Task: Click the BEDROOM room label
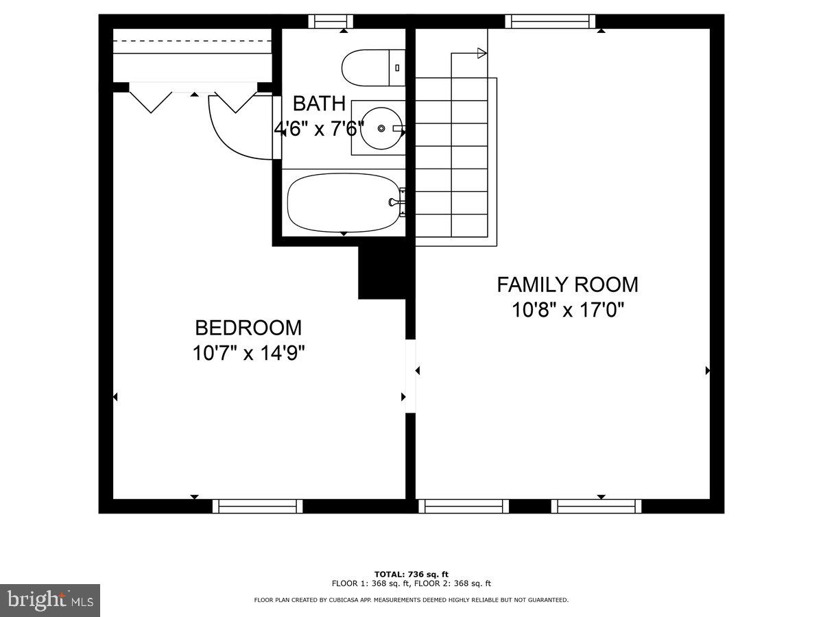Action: [248, 328]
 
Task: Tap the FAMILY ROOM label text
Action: [567, 284]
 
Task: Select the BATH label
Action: [319, 104]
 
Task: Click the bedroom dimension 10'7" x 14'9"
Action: [248, 354]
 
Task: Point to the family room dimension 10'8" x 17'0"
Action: [567, 310]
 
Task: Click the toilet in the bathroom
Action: [374, 67]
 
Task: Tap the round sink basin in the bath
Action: [381, 128]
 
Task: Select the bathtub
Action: [343, 202]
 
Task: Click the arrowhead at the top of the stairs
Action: [481, 53]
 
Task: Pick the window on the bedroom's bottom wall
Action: [257, 506]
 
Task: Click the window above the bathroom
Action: [330, 21]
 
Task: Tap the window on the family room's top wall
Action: [550, 21]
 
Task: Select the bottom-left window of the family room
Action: [464, 506]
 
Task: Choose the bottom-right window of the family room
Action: [596, 506]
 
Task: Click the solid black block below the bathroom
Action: [382, 272]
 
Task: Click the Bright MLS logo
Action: [50, 601]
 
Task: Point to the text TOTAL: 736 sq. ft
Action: [411, 574]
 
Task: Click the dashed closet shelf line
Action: [193, 40]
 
